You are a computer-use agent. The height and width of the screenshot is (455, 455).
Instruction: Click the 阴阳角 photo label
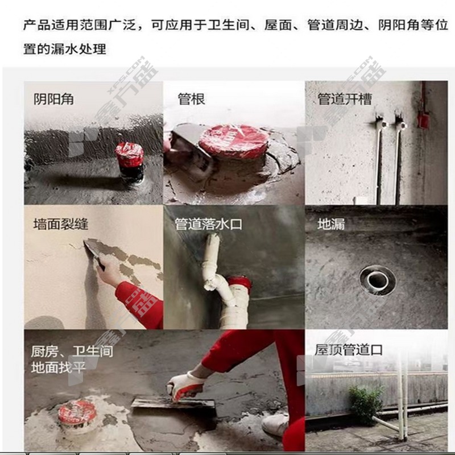(x=53, y=99)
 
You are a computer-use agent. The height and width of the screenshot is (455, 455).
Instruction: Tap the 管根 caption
(x=191, y=99)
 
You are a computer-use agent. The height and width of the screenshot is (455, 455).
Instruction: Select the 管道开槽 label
(x=345, y=99)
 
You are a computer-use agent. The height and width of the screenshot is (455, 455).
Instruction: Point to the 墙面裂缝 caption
(x=61, y=224)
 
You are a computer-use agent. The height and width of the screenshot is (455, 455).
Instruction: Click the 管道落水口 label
(x=208, y=224)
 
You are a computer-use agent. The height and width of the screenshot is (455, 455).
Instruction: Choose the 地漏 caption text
(x=331, y=224)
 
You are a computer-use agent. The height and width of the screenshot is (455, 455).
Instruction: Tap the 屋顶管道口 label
(x=349, y=350)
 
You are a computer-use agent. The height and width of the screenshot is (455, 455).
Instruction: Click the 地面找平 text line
(x=59, y=367)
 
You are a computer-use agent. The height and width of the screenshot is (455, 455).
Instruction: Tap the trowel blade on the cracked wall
(x=93, y=250)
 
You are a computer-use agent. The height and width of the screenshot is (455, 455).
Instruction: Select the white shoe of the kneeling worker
(x=275, y=424)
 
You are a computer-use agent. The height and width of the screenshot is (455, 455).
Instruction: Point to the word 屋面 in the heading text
(x=278, y=25)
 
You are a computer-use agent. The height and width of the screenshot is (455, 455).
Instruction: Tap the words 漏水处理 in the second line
(x=78, y=49)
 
